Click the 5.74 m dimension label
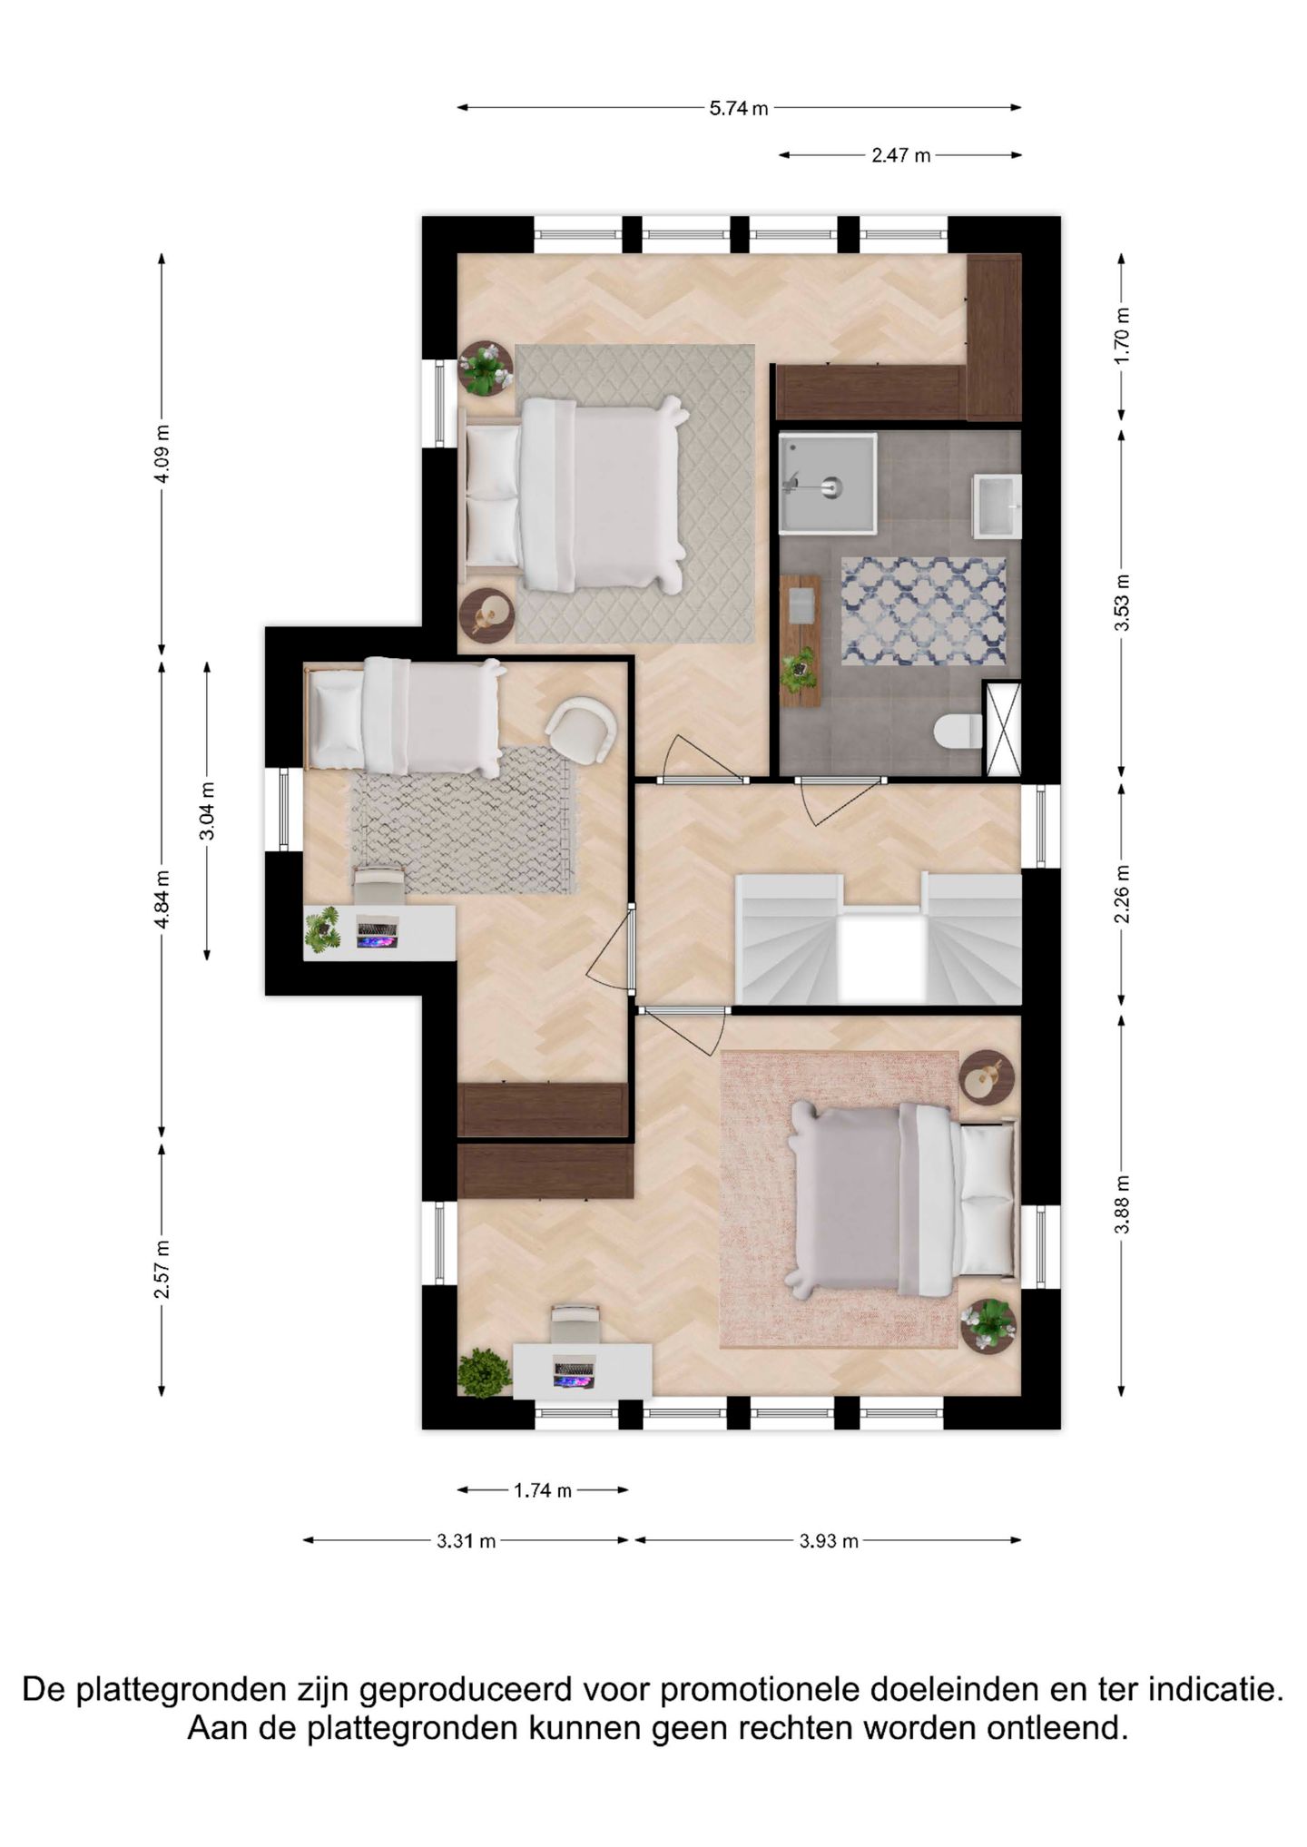738,108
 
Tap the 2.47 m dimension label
900,155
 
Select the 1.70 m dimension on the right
1122,335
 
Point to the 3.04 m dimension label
207,811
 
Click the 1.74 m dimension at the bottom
542,1490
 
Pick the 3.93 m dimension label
828,1541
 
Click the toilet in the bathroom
958,731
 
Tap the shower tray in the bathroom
827,483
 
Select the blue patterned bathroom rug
923,611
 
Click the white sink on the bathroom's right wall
997,506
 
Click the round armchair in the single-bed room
582,729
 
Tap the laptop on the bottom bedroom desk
574,1374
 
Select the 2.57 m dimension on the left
162,1269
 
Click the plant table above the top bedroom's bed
485,368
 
